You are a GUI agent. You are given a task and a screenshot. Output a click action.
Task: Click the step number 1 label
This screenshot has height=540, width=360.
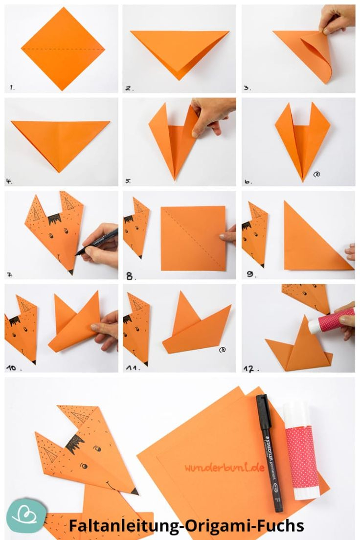point(12,88)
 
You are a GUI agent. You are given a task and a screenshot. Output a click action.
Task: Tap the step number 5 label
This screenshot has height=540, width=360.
point(128,181)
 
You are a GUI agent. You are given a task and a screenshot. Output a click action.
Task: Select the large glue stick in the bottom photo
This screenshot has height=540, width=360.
point(300,450)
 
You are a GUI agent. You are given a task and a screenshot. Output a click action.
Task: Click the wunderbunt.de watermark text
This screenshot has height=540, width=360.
point(225,468)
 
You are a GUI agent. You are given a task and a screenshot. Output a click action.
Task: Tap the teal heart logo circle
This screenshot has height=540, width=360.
point(25,516)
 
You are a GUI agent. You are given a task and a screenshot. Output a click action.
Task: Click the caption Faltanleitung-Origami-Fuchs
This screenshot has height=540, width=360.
point(186,526)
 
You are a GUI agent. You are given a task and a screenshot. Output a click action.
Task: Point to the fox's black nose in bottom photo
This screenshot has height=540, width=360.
point(134,491)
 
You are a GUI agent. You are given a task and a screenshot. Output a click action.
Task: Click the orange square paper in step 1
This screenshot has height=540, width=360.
point(63,49)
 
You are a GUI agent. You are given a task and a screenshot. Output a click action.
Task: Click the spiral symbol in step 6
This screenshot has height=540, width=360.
point(316,173)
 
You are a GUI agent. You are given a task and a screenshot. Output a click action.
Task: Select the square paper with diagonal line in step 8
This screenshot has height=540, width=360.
point(194,238)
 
